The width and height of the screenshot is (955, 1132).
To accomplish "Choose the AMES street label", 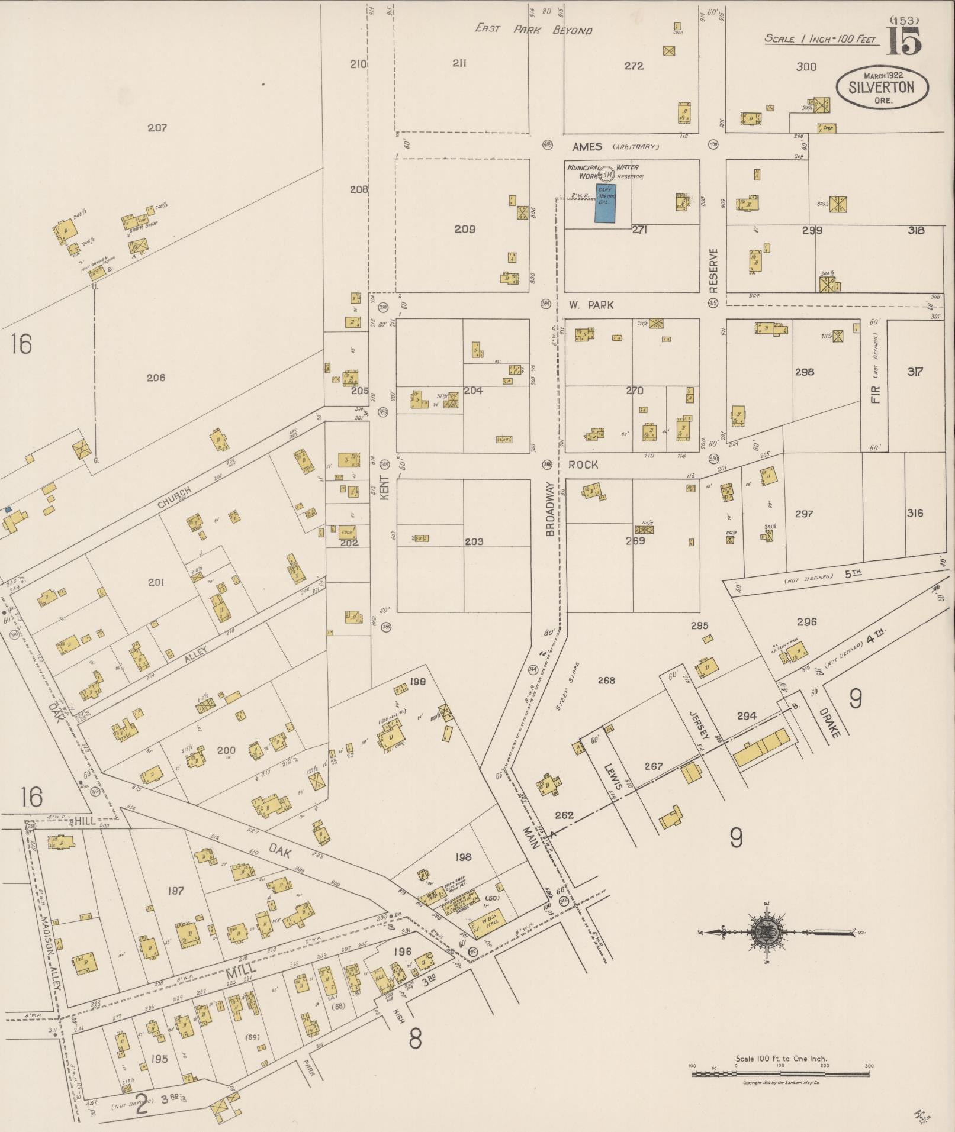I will click(x=587, y=146).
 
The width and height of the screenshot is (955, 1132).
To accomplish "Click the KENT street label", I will click(x=384, y=488).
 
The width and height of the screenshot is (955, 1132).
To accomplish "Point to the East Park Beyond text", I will click(x=533, y=29).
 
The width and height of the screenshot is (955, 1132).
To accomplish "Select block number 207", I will click(x=157, y=127).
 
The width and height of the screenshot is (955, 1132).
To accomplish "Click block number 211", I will click(x=459, y=63).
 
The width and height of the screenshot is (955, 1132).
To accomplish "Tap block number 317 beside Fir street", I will click(x=915, y=372).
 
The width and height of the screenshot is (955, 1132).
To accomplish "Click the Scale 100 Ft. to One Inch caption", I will click(x=781, y=1059).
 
